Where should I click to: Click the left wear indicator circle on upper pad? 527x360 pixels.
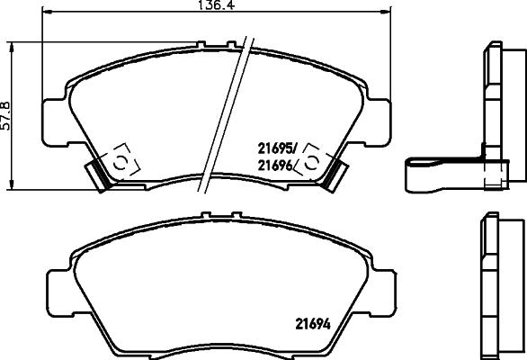[118, 161]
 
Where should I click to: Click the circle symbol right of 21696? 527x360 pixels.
[312, 161]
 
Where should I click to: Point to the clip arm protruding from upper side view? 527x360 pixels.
[441, 172]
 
